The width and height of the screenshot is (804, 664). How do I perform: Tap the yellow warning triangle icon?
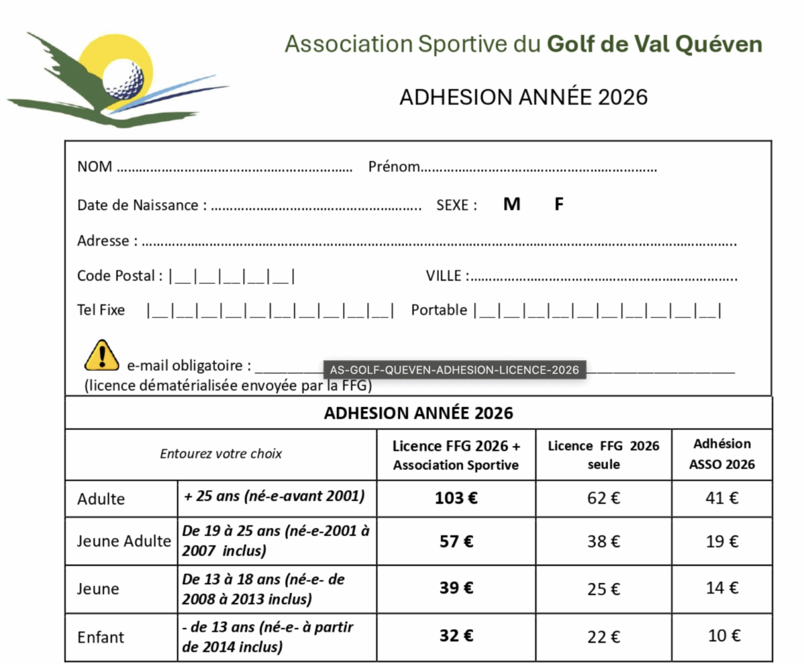(x=101, y=355)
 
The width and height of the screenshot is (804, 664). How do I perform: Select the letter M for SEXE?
(x=512, y=205)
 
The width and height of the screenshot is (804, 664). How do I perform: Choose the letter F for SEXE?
(x=559, y=205)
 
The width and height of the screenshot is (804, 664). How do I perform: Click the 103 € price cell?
(x=456, y=499)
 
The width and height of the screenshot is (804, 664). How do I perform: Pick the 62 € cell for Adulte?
(x=604, y=499)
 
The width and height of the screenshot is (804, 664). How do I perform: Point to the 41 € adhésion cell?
(x=722, y=499)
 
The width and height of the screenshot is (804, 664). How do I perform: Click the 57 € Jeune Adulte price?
(x=456, y=542)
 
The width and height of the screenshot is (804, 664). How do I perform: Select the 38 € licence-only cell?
(x=604, y=542)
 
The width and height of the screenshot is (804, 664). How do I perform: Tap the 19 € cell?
(x=722, y=542)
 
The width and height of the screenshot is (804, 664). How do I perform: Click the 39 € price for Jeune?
(x=456, y=588)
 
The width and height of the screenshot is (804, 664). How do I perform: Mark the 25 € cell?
(x=604, y=589)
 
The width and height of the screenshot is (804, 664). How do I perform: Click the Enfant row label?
(x=100, y=637)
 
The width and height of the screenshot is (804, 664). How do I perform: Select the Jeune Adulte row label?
(x=124, y=542)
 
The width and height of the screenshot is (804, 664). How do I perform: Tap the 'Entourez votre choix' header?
(x=221, y=454)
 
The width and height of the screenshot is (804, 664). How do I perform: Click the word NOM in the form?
(x=94, y=167)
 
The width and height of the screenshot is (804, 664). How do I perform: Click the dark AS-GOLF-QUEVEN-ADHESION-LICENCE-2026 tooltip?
(x=454, y=369)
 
